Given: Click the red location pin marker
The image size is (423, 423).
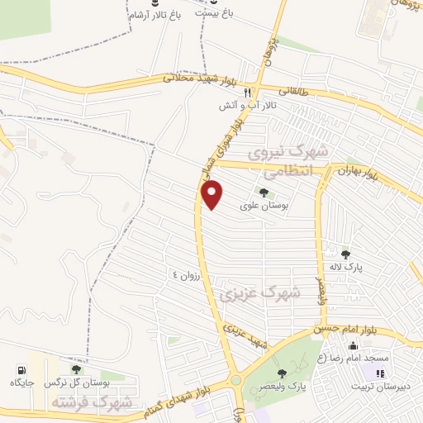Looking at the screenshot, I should [213, 194].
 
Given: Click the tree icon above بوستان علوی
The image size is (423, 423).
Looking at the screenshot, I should [264, 193].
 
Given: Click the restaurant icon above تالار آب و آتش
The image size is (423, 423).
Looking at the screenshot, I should [246, 94].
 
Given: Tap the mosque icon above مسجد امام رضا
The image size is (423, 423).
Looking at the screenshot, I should [354, 345].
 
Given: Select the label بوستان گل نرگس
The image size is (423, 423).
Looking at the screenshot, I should [77, 383].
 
